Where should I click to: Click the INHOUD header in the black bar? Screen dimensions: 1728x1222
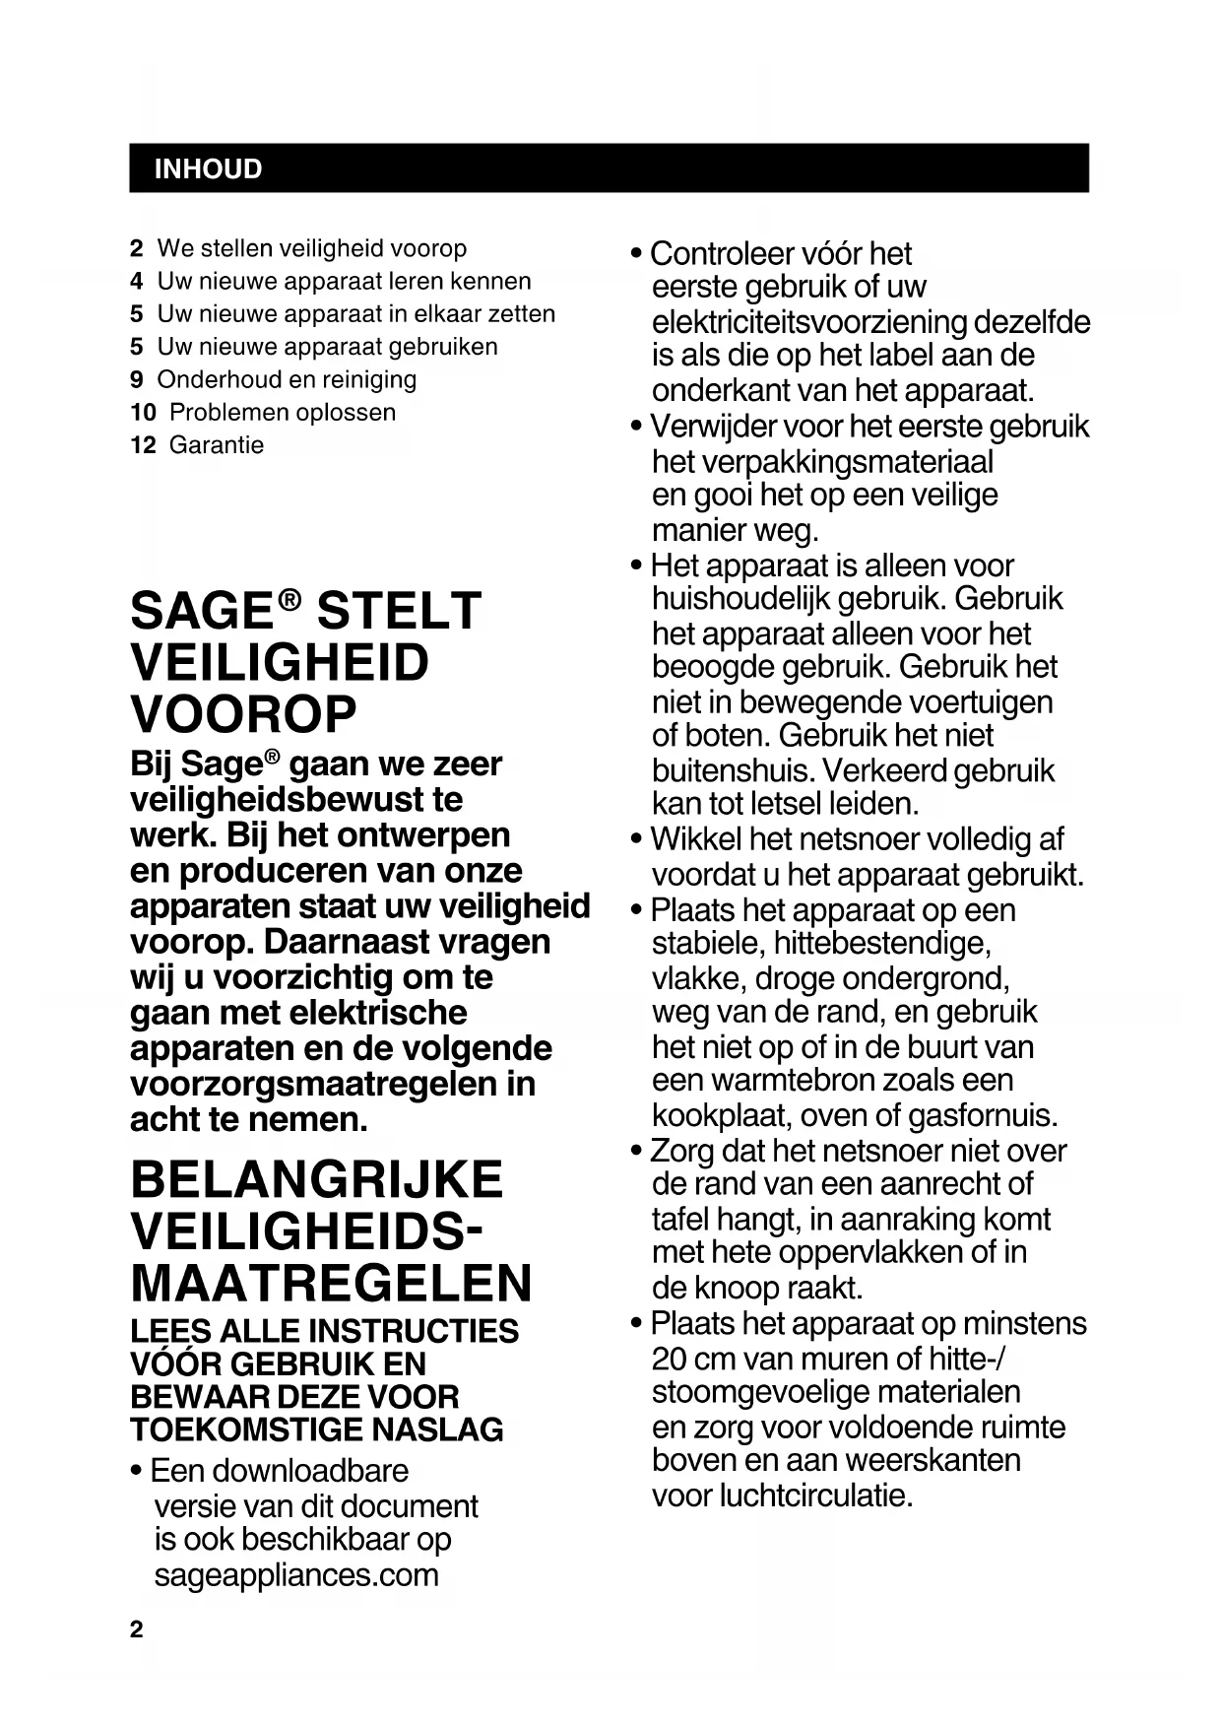(x=208, y=169)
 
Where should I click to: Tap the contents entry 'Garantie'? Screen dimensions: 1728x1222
(x=217, y=445)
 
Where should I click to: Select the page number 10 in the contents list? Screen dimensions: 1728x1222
(x=143, y=413)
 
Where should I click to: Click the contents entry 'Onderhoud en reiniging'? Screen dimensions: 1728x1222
(x=287, y=379)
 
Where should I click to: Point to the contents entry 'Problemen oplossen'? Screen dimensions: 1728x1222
(x=283, y=413)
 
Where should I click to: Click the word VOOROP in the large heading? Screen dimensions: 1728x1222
(x=243, y=714)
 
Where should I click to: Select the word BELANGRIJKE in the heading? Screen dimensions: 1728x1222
(x=316, y=1180)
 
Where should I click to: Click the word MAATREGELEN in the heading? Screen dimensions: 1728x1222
(x=331, y=1284)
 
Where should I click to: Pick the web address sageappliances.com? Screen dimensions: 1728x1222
(x=296, y=1574)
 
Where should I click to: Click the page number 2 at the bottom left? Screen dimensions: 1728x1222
(x=136, y=1629)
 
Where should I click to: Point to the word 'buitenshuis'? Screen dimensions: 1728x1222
(x=731, y=770)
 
